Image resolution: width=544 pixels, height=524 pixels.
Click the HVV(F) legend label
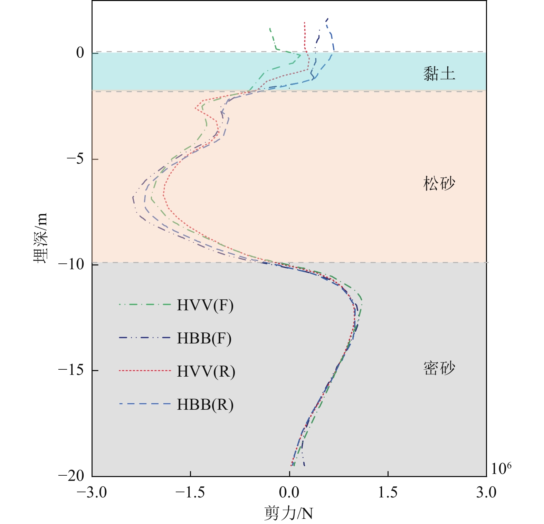pyautogui.click(x=205, y=305)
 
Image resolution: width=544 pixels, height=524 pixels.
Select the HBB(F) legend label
pyautogui.click(x=204, y=339)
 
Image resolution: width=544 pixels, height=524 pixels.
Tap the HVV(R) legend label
pyautogui.click(x=206, y=371)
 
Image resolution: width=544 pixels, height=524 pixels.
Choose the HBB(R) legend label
pyautogui.click(x=205, y=405)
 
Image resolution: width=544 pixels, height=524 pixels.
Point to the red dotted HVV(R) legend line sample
pyautogui.click(x=145, y=371)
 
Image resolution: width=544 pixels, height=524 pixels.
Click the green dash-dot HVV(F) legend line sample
pyautogui.click(x=145, y=305)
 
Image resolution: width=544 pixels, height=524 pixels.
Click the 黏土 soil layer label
pyautogui.click(x=439, y=74)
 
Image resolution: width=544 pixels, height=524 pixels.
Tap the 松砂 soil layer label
pyautogui.click(x=439, y=183)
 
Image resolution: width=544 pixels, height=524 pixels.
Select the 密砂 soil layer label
pyautogui.click(x=439, y=368)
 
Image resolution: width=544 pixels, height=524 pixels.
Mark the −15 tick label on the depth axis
pyautogui.click(x=71, y=370)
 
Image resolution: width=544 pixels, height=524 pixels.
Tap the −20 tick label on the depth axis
pyautogui.click(x=71, y=476)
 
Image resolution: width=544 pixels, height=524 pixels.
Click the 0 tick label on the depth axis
pyautogui.click(x=80, y=53)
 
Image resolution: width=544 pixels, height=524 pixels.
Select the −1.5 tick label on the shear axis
pyautogui.click(x=190, y=492)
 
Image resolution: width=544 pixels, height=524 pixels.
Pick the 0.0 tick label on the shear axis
pyautogui.click(x=289, y=492)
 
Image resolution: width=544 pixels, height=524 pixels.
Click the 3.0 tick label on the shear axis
pyautogui.click(x=486, y=492)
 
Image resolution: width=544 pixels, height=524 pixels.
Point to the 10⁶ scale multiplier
pyautogui.click(x=501, y=468)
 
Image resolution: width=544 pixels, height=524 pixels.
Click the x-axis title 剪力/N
pyautogui.click(x=288, y=513)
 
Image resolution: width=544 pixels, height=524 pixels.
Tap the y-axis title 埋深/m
pyautogui.click(x=40, y=238)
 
